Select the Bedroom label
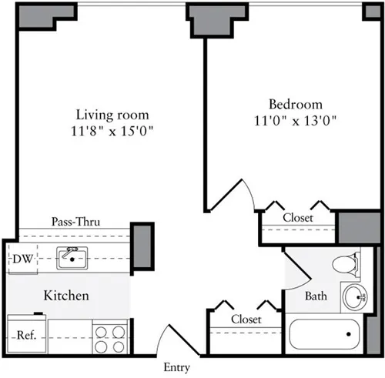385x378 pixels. [295, 104]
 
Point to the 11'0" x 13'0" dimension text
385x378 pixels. [296, 120]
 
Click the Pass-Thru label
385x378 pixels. [75, 222]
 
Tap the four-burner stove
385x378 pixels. [110, 336]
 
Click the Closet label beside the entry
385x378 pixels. [246, 319]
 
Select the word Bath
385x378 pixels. [316, 296]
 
